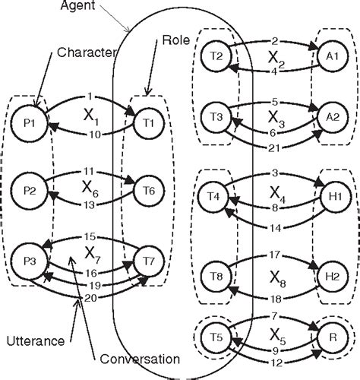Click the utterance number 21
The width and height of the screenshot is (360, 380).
point(275,147)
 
